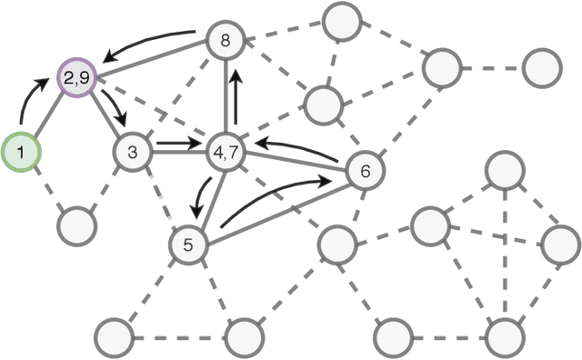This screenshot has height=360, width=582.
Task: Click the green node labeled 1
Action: pos(20,153)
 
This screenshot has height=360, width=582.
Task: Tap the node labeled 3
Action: pos(133,152)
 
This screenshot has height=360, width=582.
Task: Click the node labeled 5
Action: pos(189,244)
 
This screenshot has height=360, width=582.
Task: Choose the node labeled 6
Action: pos(365,170)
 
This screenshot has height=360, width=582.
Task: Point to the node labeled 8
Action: pos(225,39)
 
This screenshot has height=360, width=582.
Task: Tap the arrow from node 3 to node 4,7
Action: pos(177,143)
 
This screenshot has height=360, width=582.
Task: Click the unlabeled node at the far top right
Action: pos(543,68)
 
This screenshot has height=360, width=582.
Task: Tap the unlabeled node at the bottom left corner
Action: pos(115,337)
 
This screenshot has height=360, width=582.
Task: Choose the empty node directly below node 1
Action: pos(76,223)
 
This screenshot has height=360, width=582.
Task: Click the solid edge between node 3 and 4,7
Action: pos(177,152)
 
